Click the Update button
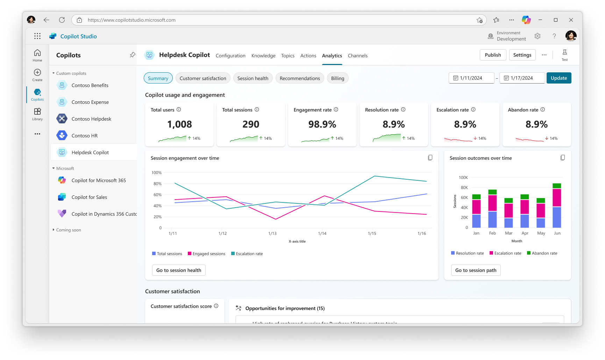click(x=558, y=78)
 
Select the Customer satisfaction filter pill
click(x=203, y=78)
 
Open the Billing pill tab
click(x=337, y=78)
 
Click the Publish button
click(x=493, y=55)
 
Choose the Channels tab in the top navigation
click(x=357, y=56)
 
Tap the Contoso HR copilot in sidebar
click(x=85, y=136)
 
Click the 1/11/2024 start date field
click(x=471, y=78)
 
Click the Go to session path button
click(x=476, y=270)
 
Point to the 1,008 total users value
click(x=179, y=124)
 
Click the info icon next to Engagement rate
click(x=336, y=109)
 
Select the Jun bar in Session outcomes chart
click(x=557, y=206)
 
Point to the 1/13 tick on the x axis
click(x=272, y=233)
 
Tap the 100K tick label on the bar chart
click(x=463, y=178)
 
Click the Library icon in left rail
click(x=37, y=114)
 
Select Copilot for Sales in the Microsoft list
click(x=89, y=197)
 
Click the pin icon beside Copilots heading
click(x=133, y=55)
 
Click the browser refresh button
click(x=62, y=20)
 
